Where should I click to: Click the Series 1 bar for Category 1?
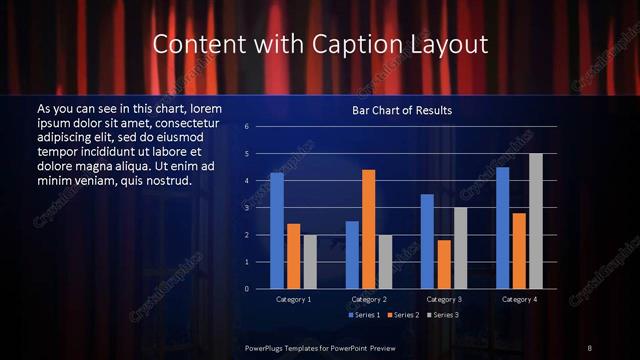tap(276, 231)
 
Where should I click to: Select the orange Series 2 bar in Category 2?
tap(368, 229)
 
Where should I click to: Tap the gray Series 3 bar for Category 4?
tap(536, 221)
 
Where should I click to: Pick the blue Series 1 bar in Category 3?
tap(427, 241)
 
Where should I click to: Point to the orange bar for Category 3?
tap(443, 264)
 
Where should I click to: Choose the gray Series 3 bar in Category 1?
tap(309, 261)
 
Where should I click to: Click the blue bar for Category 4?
tap(502, 228)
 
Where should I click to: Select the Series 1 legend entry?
tap(362, 315)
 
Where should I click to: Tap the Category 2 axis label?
tap(368, 299)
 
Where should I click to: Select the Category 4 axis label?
tap(518, 299)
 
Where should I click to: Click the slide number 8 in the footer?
tap(590, 347)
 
